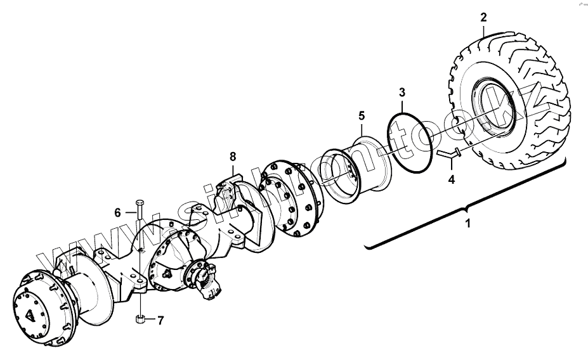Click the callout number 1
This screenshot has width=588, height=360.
tap(468, 224)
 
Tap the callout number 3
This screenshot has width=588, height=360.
tap(402, 93)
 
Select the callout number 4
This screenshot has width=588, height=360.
tap(451, 180)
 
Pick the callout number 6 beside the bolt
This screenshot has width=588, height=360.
tap(117, 213)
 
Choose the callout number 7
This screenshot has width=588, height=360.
tap(160, 321)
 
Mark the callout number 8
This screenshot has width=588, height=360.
tap(233, 156)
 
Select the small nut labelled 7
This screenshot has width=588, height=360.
tap(141, 319)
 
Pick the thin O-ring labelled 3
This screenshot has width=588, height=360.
tap(412, 143)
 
